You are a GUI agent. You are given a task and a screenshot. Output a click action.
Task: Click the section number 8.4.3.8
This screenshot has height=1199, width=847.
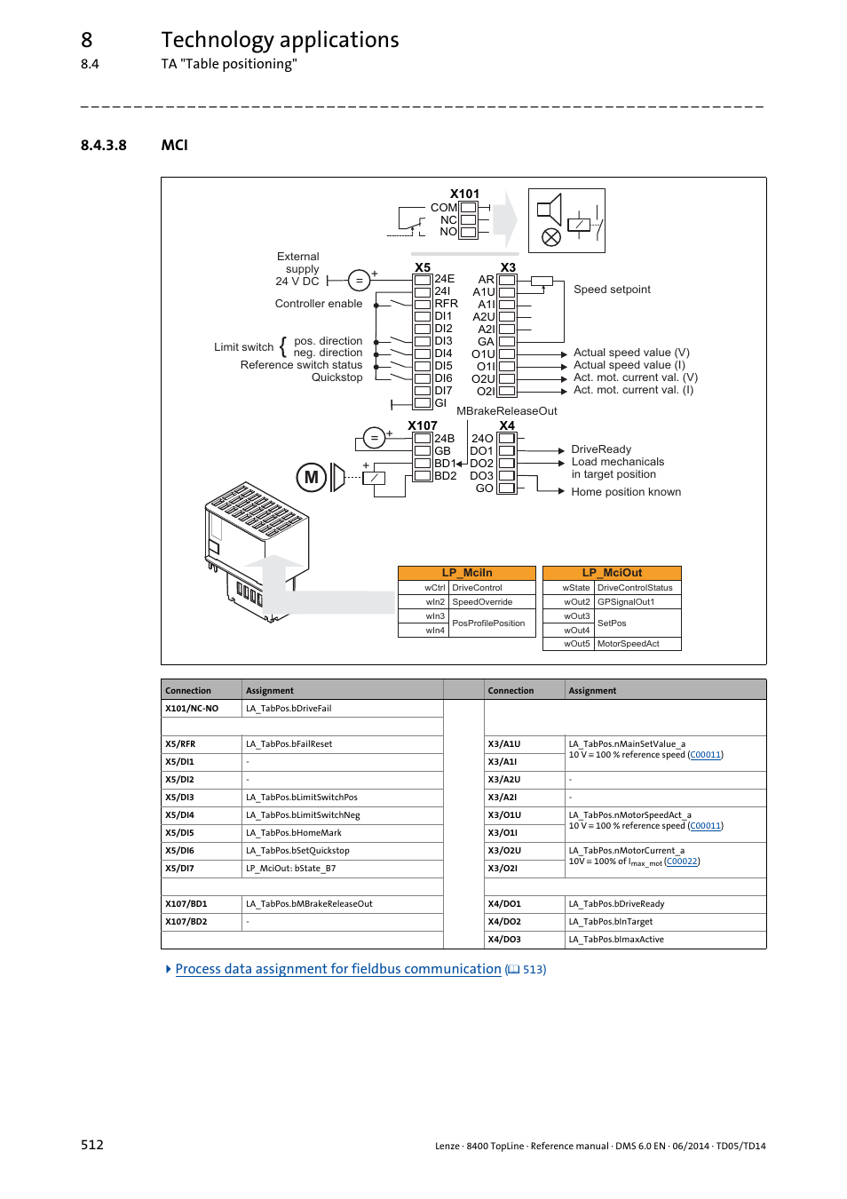tap(103, 145)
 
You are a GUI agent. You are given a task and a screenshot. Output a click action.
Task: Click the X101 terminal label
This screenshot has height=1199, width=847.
tap(464, 194)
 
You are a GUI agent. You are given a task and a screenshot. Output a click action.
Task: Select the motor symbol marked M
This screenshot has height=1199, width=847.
tap(311, 477)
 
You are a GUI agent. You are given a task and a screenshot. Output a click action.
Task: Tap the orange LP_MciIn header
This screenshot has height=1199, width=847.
tap(467, 573)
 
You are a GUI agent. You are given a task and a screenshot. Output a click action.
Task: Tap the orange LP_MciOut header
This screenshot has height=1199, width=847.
tap(612, 573)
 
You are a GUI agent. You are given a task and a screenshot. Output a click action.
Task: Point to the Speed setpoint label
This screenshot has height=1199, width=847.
tap(612, 290)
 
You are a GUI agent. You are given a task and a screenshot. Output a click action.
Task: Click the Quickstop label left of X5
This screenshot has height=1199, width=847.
tap(336, 377)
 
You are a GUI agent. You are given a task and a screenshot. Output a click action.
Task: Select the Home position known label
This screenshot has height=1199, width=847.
tap(626, 492)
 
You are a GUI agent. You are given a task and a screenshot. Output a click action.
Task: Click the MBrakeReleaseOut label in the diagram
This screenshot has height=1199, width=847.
tap(506, 411)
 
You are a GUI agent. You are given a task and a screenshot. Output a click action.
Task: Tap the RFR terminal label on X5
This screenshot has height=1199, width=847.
tap(446, 304)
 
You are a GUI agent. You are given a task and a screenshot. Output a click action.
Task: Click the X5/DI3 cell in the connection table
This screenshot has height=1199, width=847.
tap(180, 798)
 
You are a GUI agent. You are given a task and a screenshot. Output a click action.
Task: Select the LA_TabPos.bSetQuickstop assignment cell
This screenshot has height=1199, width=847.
tap(298, 851)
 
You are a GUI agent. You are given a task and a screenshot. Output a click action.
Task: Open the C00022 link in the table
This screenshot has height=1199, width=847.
tap(682, 862)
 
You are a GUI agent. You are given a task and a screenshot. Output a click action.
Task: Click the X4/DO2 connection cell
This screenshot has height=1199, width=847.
tap(504, 922)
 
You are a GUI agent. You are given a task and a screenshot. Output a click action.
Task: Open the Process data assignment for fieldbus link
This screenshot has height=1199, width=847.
tap(338, 969)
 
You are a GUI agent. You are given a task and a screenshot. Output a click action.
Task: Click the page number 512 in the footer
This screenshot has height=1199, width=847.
tap(92, 1145)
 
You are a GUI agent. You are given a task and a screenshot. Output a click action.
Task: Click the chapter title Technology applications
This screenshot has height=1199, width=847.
tap(280, 40)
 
